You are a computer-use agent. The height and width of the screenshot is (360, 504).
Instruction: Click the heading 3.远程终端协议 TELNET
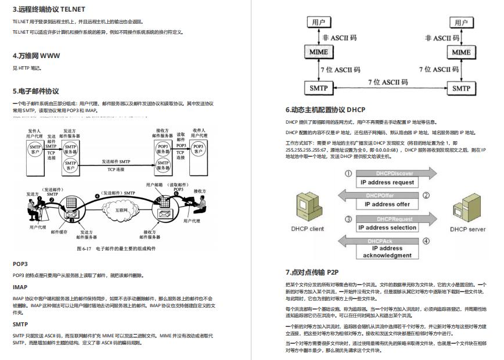49,9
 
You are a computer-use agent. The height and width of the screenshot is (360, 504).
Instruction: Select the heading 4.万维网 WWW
36,56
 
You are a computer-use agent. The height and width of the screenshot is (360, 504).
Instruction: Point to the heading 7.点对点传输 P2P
312,272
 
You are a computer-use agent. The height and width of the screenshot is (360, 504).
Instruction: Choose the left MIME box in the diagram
319,52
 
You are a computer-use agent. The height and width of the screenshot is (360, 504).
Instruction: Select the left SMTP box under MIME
319,88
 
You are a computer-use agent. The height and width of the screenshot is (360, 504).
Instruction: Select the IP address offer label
387,204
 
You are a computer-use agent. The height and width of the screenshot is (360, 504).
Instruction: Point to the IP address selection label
387,228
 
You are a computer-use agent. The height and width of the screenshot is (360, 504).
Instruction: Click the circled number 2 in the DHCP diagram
426,195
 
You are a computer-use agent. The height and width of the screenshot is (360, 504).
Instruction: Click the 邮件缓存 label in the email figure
59,231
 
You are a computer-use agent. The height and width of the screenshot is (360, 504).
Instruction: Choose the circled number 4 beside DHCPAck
426,241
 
